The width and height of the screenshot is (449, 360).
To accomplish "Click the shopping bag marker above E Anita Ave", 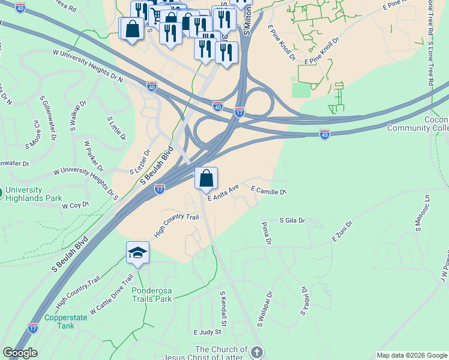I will pyautogui.click(x=206, y=178).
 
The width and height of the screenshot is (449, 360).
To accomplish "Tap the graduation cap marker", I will pyautogui.click(x=137, y=253).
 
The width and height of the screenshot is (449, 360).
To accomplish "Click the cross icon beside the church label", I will pyautogui.click(x=257, y=352).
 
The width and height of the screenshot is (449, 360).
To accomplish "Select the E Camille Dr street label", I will pyautogui.click(x=268, y=190).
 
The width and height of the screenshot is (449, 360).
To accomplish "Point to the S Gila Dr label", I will pyautogui.click(x=292, y=221).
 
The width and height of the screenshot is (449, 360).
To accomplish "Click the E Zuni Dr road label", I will pyautogui.click(x=342, y=231).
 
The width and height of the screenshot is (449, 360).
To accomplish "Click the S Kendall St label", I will pyautogui.click(x=223, y=308).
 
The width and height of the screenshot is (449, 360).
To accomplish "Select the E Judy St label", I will pyautogui.click(x=208, y=331).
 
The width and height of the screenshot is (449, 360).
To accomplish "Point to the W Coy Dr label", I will pyautogui.click(x=75, y=205).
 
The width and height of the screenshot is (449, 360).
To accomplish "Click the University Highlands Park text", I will pyautogui.click(x=34, y=194).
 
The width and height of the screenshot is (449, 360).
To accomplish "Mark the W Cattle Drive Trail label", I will pyautogui.click(x=112, y=295).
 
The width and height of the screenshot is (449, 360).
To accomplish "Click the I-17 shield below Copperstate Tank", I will pyautogui.click(x=33, y=328).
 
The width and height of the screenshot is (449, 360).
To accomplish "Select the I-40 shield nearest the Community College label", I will pyautogui.click(x=325, y=134).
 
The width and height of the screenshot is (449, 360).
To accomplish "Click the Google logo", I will pyautogui.click(x=20, y=353).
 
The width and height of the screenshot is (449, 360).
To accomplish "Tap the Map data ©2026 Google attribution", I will pyautogui.click(x=411, y=355).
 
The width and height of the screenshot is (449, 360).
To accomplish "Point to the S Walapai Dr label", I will pyautogui.click(x=265, y=308).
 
